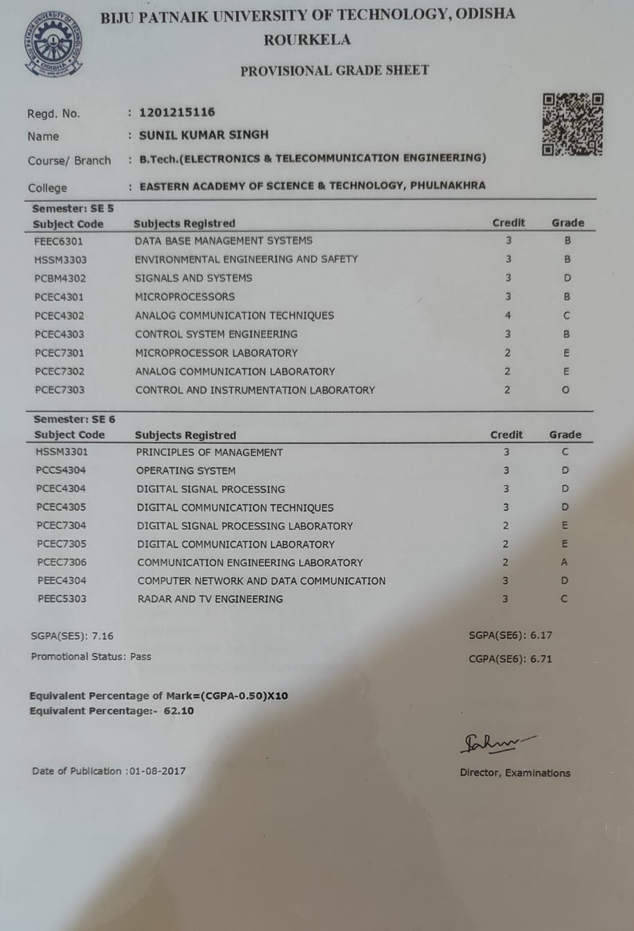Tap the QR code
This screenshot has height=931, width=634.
click(572, 124)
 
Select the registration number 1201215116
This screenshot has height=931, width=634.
click(177, 112)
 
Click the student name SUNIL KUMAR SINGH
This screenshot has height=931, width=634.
click(203, 135)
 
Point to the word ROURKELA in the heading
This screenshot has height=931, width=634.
click(307, 40)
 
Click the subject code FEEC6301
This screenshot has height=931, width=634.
click(59, 241)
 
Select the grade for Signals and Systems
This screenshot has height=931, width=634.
click(567, 278)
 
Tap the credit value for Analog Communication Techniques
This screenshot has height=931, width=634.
click(508, 315)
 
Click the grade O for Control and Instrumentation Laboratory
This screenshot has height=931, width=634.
click(565, 390)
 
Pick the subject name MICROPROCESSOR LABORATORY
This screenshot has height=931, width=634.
click(216, 353)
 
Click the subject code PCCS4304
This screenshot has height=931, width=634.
click(61, 470)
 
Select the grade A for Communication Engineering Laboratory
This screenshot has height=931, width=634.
click(565, 562)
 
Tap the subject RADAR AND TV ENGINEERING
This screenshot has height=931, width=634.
click(210, 599)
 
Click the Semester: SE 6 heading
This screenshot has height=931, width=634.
click(75, 419)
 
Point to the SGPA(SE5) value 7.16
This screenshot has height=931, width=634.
click(102, 636)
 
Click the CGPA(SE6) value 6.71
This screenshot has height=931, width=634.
click(541, 658)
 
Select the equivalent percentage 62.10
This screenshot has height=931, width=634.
click(179, 711)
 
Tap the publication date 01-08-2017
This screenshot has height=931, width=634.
click(157, 771)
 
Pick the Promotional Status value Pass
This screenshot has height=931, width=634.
click(141, 656)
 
